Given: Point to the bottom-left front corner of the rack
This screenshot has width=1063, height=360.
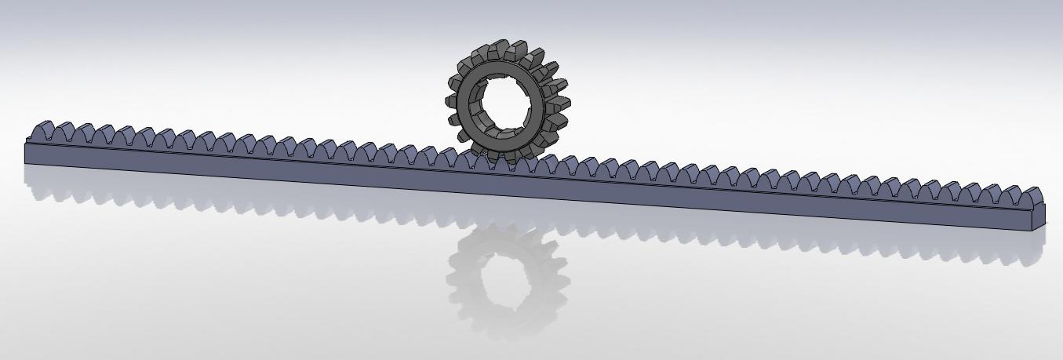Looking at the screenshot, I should (x=26, y=162).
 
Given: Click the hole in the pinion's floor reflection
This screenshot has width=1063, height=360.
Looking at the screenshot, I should (x=502, y=278).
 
